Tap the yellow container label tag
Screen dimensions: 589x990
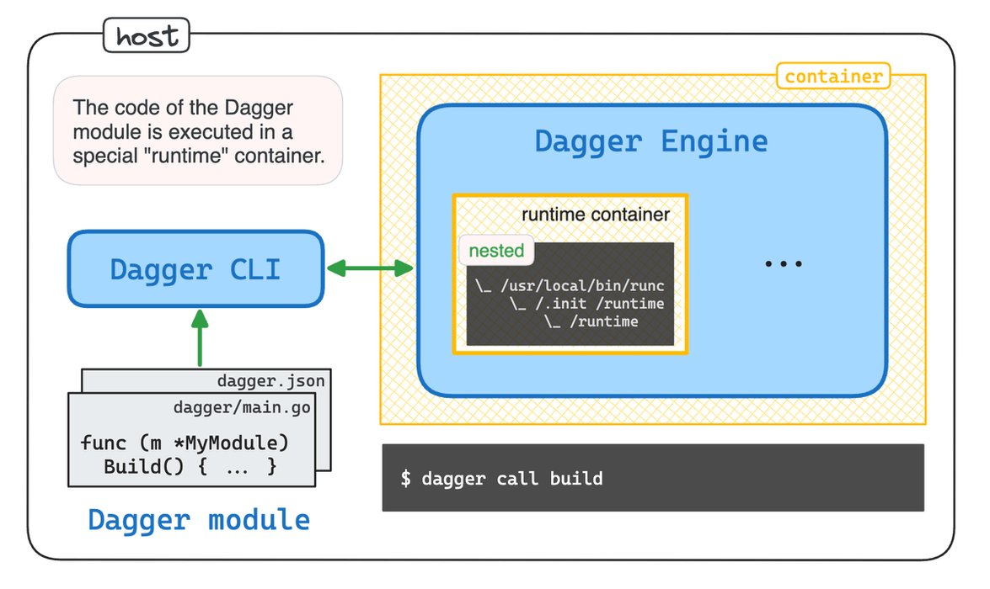point(832,77)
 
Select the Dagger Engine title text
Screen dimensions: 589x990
point(650,141)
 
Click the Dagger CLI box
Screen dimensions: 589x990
point(195,269)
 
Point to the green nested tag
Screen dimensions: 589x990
point(496,251)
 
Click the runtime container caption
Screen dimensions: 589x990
point(595,215)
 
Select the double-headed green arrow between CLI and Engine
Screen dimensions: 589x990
point(369,269)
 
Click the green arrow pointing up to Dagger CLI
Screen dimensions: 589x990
point(199,337)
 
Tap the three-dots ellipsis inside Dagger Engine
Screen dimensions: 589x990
point(783,264)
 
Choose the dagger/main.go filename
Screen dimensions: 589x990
point(242,408)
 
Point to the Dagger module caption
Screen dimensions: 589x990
point(199,519)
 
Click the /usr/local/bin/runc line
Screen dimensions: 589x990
point(570,286)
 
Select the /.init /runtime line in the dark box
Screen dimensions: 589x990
point(586,304)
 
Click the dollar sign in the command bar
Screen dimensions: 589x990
point(406,479)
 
